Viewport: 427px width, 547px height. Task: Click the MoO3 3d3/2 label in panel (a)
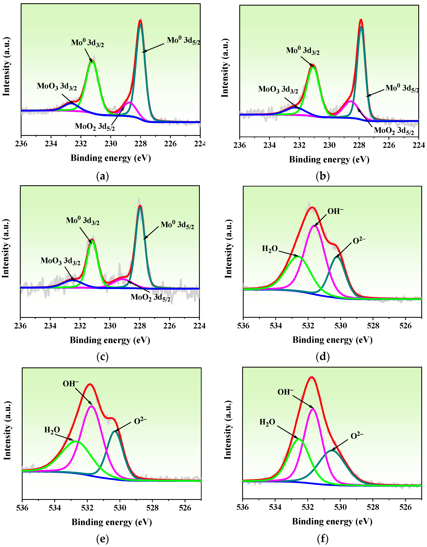[x=57, y=86]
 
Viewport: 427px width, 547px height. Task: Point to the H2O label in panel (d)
[x=270, y=249]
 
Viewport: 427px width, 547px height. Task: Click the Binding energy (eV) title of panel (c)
[x=110, y=340]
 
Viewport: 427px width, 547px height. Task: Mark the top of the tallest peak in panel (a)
[x=140, y=21]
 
